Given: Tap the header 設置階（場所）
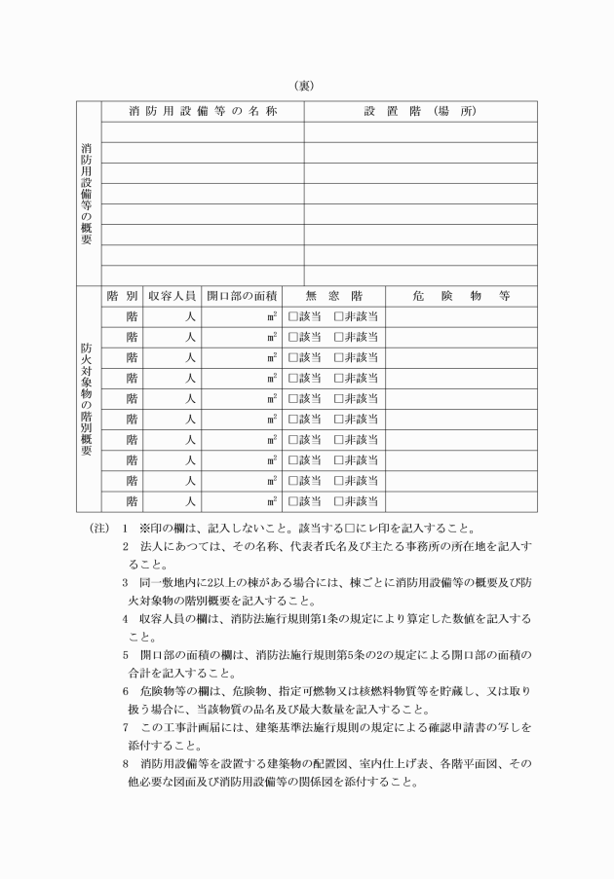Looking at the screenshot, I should (x=420, y=111).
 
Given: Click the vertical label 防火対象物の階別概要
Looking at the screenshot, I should (x=88, y=398).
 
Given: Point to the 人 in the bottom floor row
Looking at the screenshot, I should (x=191, y=501).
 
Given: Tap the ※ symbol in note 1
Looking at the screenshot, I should (x=146, y=530).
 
